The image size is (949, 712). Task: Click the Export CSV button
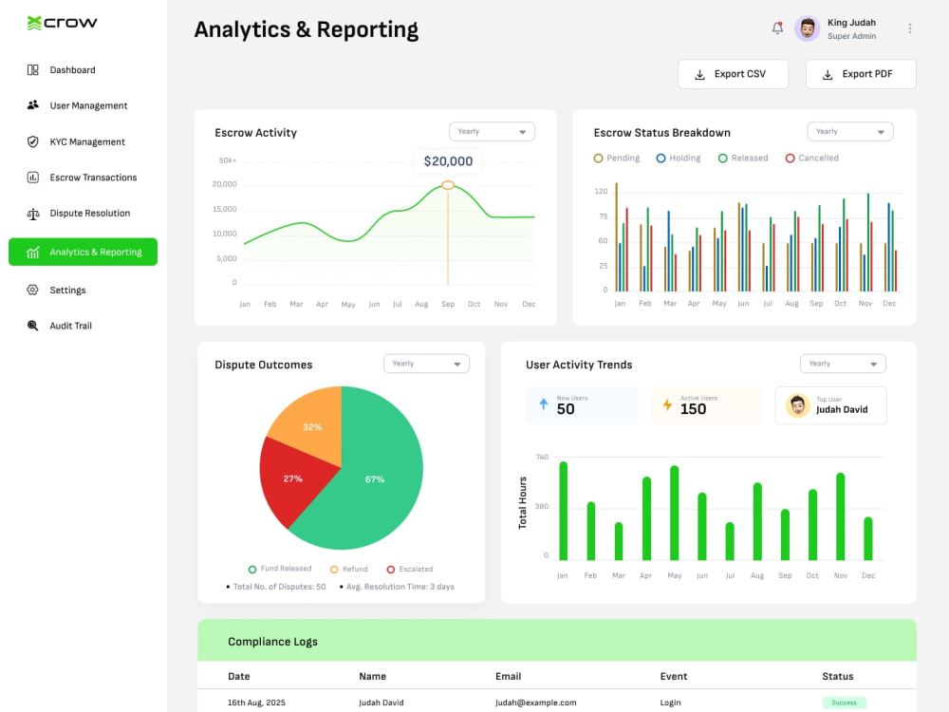[x=733, y=74]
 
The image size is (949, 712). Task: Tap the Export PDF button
[x=861, y=74]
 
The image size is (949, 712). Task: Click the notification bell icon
[x=777, y=28]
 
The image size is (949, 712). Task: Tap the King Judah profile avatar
[x=807, y=28]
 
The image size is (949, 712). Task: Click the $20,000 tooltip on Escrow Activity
[x=448, y=161]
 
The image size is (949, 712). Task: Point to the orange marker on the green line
[x=448, y=185]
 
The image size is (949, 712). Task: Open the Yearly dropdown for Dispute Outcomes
[x=426, y=364]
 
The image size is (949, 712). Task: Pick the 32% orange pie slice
[x=311, y=423]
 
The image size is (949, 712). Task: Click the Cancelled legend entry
[x=811, y=158]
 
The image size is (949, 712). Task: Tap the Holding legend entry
[x=679, y=158]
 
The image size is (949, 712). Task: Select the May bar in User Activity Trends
[x=674, y=513]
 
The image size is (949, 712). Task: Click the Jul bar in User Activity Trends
[x=730, y=541]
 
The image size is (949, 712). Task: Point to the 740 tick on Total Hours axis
[x=542, y=458]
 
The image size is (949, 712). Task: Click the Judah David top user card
[x=830, y=405]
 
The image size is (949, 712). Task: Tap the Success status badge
[x=844, y=703]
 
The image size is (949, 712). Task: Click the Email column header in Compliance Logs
[x=509, y=676]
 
